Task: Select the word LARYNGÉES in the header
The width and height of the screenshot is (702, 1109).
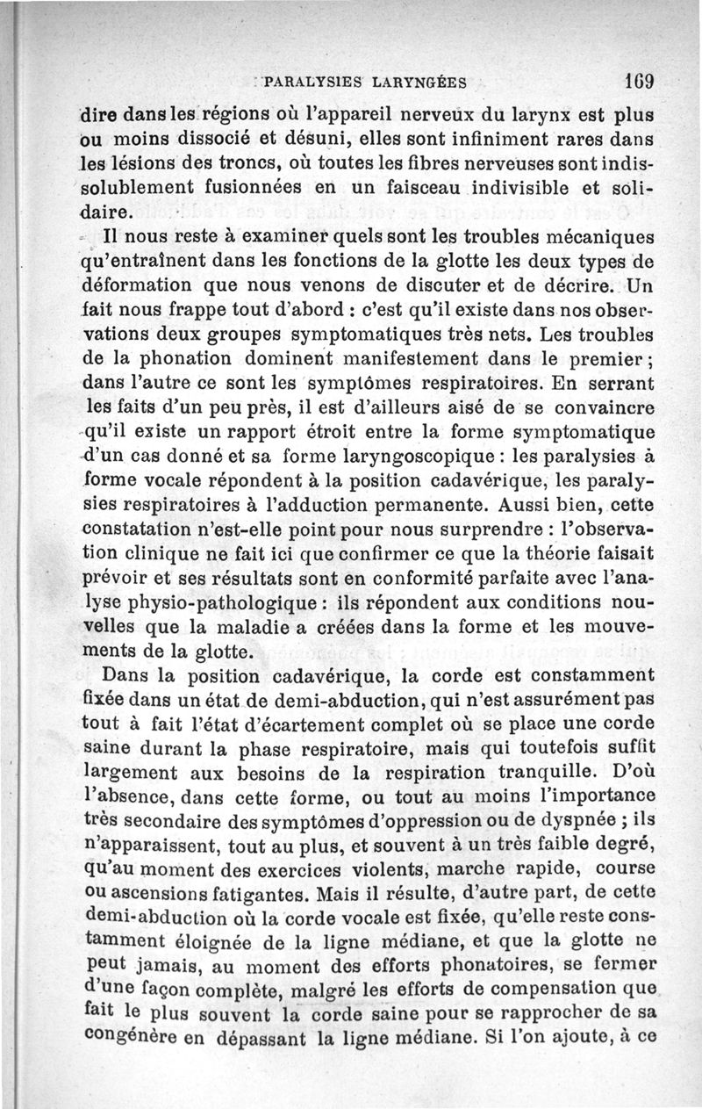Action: pyautogui.click(x=418, y=85)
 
